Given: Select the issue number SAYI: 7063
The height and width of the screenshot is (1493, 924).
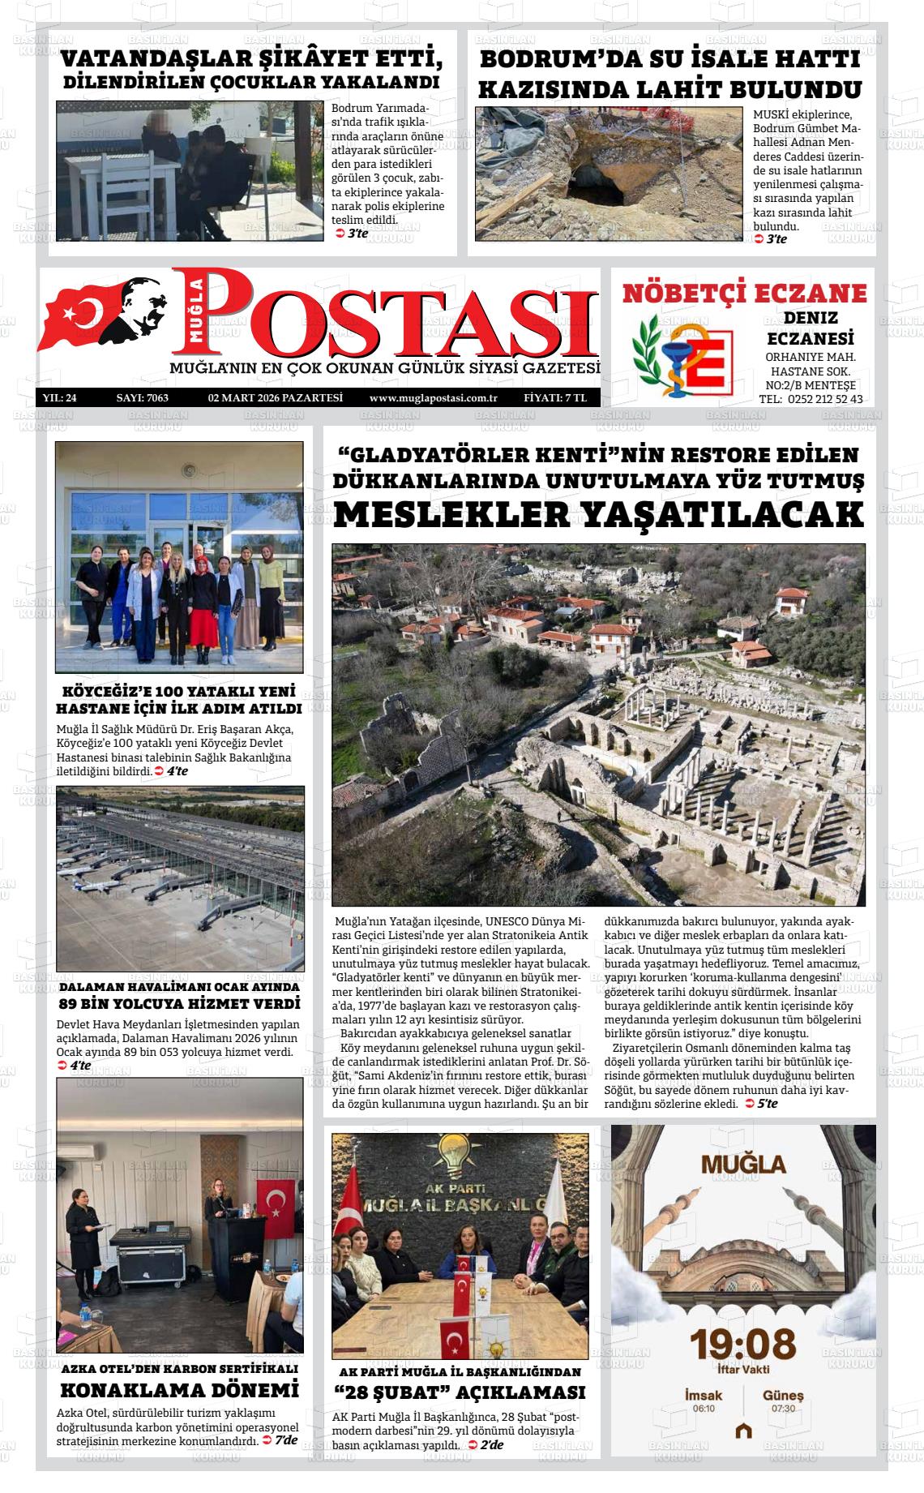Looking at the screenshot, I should pos(142,398).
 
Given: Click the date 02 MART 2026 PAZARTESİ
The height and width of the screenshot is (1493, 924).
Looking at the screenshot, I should pos(276,398).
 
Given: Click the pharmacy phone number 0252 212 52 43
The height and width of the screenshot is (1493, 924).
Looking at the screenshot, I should pos(823,399).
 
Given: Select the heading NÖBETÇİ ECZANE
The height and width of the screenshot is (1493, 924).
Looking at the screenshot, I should pos(744,293).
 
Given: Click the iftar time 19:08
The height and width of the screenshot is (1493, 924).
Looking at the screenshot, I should pos(742,1344).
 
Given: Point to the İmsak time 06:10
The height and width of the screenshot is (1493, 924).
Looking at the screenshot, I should pos(704,1408).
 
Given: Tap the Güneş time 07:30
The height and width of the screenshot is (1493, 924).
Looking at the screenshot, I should pos(783,1408).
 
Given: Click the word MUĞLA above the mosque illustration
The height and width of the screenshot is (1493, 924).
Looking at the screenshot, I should pos(743,1165).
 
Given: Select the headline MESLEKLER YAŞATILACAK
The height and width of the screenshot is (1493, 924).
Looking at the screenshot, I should pos(598,515).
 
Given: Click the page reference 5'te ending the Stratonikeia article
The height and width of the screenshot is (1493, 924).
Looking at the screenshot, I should pos(766,1104).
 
